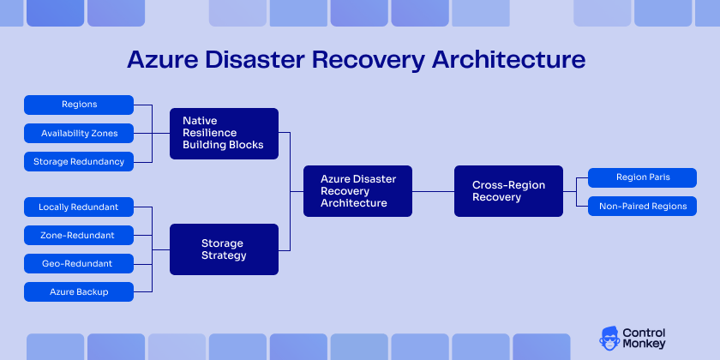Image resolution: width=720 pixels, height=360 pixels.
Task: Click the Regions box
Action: pyautogui.click(x=79, y=105)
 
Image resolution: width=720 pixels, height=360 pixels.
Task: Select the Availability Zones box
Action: pyautogui.click(x=79, y=133)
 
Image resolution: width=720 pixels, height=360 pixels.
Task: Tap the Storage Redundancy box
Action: pyautogui.click(x=79, y=161)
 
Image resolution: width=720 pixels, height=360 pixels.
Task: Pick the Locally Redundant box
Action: pyautogui.click(x=79, y=207)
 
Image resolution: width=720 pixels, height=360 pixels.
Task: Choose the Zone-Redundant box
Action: pyautogui.click(x=79, y=235)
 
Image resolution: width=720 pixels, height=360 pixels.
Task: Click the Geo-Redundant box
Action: pyautogui.click(x=79, y=263)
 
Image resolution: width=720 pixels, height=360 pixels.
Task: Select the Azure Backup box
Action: pyautogui.click(x=79, y=291)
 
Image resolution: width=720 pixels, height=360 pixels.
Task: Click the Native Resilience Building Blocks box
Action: pyautogui.click(x=224, y=134)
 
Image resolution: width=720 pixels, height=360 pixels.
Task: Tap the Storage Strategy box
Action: pyautogui.click(x=224, y=249)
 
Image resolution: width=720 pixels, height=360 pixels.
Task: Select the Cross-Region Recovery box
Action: pyautogui.click(x=508, y=191)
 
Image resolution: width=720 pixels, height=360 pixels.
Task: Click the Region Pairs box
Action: pyautogui.click(x=643, y=177)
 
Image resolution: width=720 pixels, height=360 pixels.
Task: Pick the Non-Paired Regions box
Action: pyautogui.click(x=643, y=206)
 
